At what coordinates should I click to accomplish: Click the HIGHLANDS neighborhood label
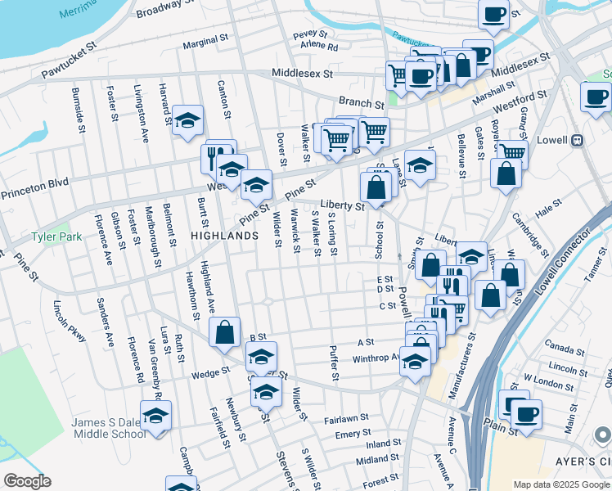tap(224, 235)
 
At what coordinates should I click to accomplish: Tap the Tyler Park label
tap(53, 236)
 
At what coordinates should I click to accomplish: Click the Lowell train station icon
tap(577, 140)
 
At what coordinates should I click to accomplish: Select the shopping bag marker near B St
tap(224, 333)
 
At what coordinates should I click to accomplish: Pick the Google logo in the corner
tap(26, 481)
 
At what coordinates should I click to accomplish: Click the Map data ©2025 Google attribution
tap(561, 484)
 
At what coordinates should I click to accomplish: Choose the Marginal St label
tap(205, 39)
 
